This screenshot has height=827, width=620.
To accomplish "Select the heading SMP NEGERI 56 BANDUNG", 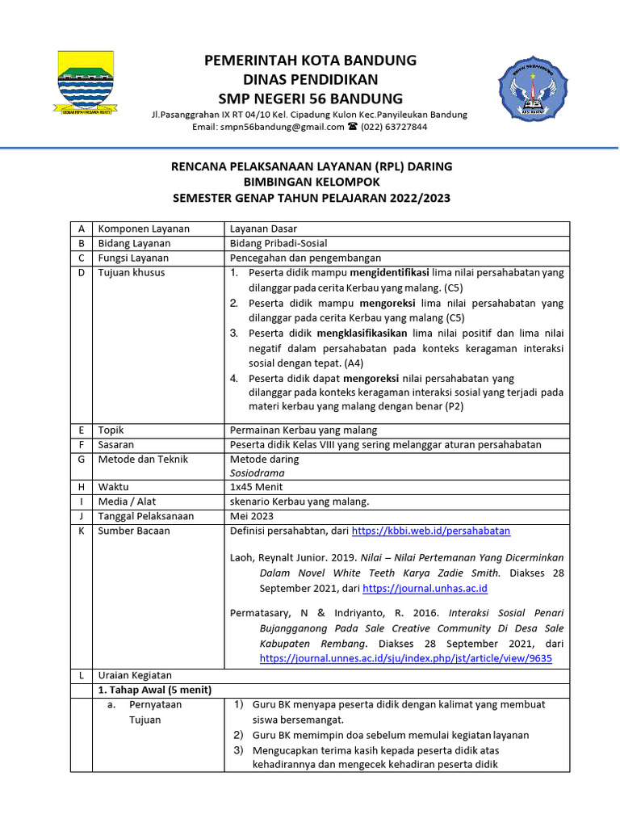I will tap(310, 99).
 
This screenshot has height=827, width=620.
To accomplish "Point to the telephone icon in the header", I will tap(352, 128).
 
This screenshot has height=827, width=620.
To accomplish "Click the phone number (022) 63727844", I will tap(395, 128).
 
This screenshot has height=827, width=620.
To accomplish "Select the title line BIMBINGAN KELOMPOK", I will tap(311, 182).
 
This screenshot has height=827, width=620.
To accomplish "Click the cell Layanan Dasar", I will tap(265, 229).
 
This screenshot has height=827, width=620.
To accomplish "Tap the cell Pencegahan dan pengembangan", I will tap(304, 258).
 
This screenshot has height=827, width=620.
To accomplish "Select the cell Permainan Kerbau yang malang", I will tap(304, 430).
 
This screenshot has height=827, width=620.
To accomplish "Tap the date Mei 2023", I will tap(252, 516).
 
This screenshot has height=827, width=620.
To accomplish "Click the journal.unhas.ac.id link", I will tap(425, 589).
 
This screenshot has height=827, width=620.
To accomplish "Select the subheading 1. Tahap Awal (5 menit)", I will tap(154, 690).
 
